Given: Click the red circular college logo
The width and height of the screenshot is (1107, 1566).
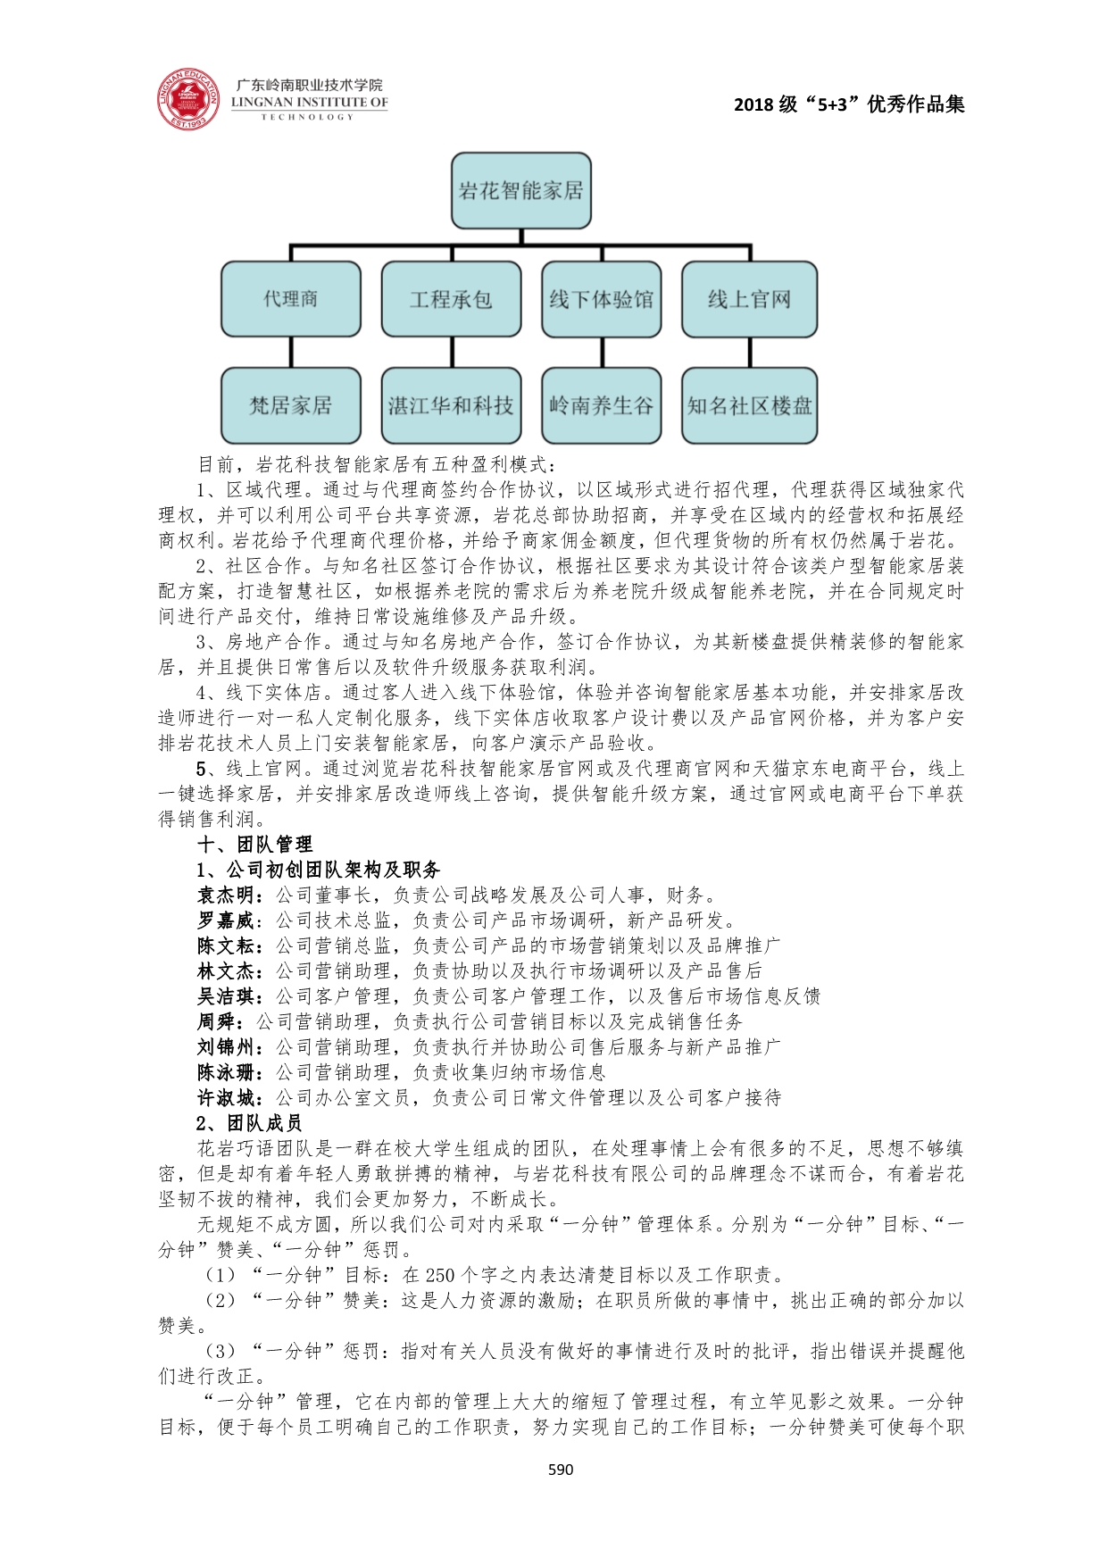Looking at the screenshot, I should [188, 97].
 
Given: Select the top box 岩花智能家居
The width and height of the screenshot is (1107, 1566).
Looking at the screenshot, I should [520, 190].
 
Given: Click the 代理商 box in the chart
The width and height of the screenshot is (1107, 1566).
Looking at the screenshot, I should [291, 299].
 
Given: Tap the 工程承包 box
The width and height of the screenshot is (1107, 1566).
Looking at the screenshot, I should [451, 299].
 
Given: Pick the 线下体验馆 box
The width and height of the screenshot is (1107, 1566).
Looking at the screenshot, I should [601, 299].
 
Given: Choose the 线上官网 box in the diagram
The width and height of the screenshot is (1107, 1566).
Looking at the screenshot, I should [749, 299].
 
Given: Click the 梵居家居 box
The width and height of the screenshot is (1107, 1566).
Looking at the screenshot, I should [291, 405].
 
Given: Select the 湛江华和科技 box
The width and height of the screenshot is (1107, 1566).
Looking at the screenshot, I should [451, 405].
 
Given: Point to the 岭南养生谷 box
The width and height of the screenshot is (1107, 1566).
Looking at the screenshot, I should [601, 405].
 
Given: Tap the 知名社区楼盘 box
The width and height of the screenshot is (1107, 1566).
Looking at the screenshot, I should [749, 405].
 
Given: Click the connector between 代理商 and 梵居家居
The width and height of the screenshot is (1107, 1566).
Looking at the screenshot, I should [291, 352].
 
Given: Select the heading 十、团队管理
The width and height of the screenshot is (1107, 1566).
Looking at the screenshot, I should [254, 845].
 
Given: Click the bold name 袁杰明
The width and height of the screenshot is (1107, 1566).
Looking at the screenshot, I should [229, 895].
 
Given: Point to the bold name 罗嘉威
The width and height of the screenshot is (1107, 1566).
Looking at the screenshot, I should [229, 920].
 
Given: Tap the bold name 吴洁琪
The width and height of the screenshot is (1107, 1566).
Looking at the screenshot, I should [229, 996].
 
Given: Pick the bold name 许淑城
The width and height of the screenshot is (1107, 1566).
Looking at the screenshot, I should [229, 1097].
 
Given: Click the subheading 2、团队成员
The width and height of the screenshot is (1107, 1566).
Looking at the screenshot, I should [249, 1123].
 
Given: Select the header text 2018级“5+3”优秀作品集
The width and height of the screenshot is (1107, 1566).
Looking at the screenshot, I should [849, 104].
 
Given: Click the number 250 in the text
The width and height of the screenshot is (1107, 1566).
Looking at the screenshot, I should [440, 1275].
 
